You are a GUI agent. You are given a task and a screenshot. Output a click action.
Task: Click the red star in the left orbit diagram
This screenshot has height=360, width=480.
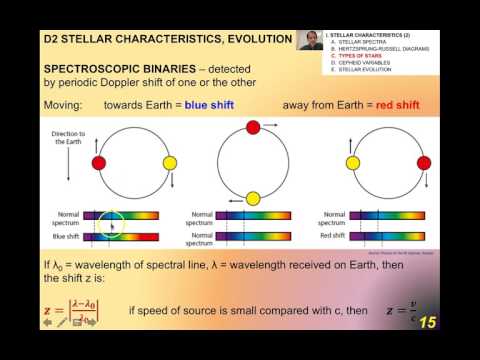pyautogui.click(x=98, y=163)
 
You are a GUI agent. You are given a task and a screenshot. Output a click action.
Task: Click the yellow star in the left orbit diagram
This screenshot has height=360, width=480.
pyautogui.click(x=170, y=163)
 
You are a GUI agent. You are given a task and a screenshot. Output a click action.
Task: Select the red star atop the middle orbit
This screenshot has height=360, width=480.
pyautogui.click(x=253, y=127)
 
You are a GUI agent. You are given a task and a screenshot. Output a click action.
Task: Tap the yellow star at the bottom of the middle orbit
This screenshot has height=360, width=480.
pyautogui.click(x=253, y=198)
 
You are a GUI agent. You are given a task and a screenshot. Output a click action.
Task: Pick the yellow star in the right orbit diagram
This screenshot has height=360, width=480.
pyautogui.click(x=353, y=163)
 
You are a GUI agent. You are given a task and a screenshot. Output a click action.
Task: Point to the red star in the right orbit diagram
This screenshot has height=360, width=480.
pyautogui.click(x=425, y=163)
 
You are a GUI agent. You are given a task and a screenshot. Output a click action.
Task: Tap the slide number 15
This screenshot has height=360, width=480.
pyautogui.click(x=427, y=322)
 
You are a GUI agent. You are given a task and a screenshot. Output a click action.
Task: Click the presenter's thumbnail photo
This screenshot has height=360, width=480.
pyautogui.click(x=311, y=40)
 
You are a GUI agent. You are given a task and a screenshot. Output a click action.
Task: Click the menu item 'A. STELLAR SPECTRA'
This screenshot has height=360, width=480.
pyautogui.click(x=366, y=40)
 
